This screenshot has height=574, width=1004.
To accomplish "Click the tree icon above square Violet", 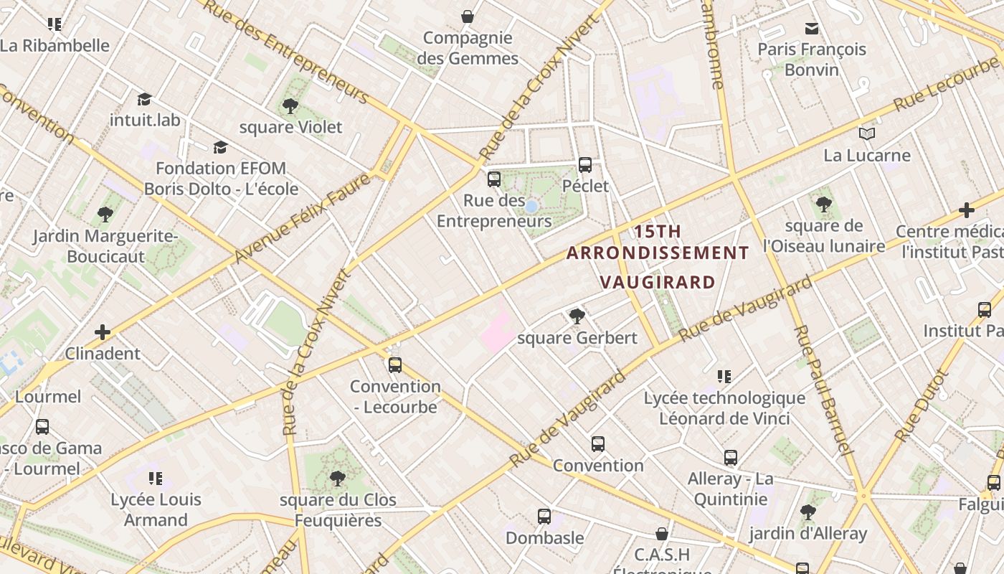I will [290, 107].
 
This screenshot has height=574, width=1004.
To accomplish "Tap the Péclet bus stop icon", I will [585, 165].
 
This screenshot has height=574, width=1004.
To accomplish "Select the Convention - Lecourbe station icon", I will [394, 365].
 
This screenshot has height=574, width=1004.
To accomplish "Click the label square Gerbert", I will [577, 338].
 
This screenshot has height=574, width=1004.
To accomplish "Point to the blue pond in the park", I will [531, 207].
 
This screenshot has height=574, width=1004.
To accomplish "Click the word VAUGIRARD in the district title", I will [658, 282].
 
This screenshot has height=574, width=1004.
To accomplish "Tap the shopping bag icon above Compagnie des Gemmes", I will [468, 17].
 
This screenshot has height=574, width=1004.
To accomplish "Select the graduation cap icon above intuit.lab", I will [144, 99].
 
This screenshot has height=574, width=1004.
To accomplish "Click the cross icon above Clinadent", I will [103, 332].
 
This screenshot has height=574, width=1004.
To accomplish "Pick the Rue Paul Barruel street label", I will [823, 390].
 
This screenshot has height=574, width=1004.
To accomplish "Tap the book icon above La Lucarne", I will [867, 133].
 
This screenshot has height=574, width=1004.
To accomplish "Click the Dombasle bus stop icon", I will [544, 516].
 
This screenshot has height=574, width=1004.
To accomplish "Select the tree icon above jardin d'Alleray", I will [808, 512].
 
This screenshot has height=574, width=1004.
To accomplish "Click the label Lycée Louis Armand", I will [156, 509].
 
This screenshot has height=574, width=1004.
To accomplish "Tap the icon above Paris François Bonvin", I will [812, 29].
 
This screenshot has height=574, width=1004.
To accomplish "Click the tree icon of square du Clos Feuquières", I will [338, 479].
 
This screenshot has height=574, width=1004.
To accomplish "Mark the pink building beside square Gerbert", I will [497, 331].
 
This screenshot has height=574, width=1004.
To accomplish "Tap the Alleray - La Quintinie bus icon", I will [731, 458].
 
